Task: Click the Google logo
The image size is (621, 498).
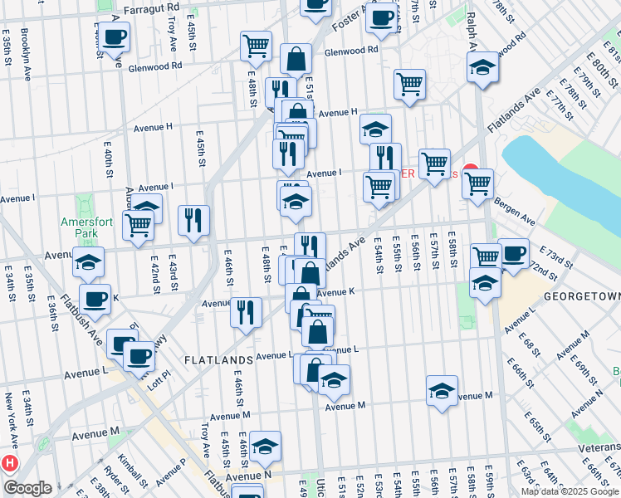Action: tap(27, 488)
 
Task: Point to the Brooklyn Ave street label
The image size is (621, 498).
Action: tap(26, 54)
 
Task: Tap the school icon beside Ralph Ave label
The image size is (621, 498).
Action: tap(482, 69)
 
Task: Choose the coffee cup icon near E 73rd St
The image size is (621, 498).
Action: tap(513, 252)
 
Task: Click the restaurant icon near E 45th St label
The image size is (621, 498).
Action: tap(193, 220)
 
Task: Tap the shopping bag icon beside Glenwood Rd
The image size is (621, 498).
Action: tap(296, 59)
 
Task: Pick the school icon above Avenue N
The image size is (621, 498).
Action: tap(266, 447)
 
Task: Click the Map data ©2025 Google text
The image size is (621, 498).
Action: tap(570, 491)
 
